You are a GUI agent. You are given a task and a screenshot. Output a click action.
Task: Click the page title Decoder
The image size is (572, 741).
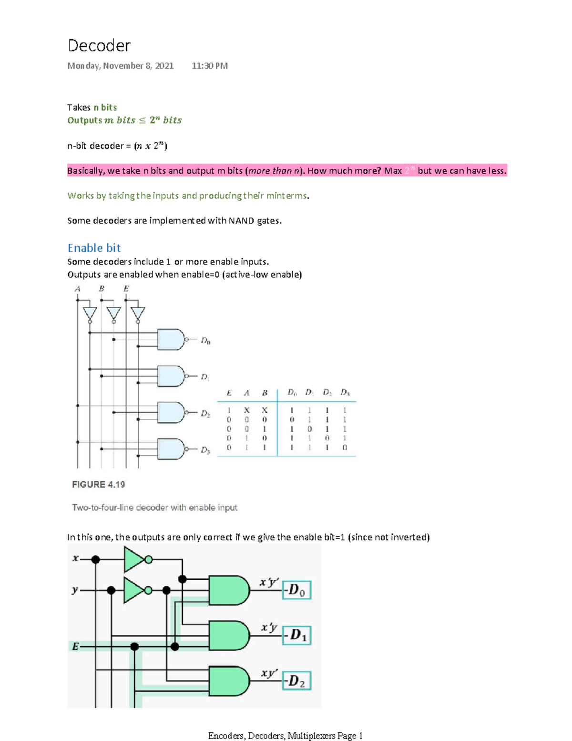tap(99, 46)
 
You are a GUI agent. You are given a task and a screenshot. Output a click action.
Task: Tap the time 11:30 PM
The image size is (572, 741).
tap(210, 66)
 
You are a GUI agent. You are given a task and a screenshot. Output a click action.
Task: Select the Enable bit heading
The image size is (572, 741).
tap(94, 248)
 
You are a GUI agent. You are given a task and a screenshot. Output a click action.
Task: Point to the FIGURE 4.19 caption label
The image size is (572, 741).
tap(98, 485)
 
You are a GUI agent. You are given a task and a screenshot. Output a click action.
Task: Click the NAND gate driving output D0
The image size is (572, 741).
tap(171, 340)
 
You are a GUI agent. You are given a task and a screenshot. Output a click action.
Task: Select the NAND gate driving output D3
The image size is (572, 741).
tap(171, 449)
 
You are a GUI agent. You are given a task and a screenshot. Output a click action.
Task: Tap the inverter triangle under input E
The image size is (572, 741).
tap(138, 313)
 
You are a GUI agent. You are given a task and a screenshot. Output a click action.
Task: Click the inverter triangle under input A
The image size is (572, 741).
tap(90, 313)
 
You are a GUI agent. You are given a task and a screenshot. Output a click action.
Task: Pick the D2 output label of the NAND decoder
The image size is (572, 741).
tap(205, 414)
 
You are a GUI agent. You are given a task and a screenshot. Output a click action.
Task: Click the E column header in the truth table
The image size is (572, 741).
tap(229, 393)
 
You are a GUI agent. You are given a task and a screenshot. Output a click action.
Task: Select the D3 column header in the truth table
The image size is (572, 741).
tap(345, 393)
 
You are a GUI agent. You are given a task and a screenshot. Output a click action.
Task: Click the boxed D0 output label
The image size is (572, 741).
tap(296, 590)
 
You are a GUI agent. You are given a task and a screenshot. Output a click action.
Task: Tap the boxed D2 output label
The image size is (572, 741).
tap(296, 681)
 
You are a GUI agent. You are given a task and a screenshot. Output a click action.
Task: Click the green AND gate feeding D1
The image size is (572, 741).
tap(229, 636)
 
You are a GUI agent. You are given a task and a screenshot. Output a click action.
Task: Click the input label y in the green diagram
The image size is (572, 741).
tap(75, 590)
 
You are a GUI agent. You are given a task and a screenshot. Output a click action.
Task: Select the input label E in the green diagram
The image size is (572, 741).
tap(75, 647)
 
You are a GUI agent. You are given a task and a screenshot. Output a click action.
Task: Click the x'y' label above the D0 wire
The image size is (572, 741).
tap(269, 582)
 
